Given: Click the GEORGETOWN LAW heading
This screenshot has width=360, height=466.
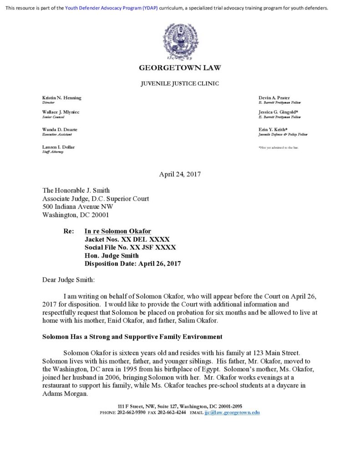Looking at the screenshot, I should (x=180, y=68).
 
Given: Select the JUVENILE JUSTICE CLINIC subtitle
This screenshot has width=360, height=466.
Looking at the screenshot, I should (x=180, y=83).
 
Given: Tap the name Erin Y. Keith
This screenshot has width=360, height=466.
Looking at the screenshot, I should (x=273, y=130).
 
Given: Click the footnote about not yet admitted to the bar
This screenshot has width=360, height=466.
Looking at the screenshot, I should (x=278, y=148).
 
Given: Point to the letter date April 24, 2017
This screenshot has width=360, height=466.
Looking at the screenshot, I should (x=180, y=174).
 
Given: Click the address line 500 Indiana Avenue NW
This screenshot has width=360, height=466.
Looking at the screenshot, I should (x=77, y=207).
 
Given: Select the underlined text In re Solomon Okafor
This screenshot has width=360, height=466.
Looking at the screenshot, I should (x=118, y=231).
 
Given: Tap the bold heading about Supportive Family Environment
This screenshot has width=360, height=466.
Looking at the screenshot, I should (x=132, y=337).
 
